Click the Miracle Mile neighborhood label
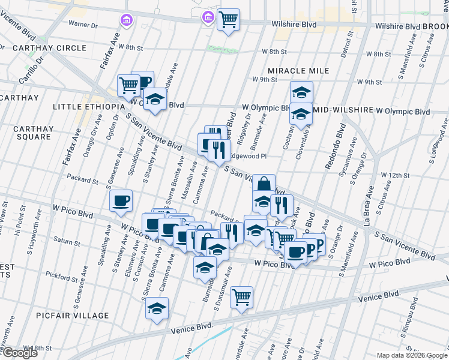(x=298, y=71)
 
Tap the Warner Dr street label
(x=83, y=25)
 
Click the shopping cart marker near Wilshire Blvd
(x=228, y=19)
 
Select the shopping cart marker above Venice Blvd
(x=241, y=296)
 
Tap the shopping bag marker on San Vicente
(x=264, y=184)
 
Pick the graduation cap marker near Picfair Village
(x=157, y=308)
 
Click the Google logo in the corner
(x=20, y=353)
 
